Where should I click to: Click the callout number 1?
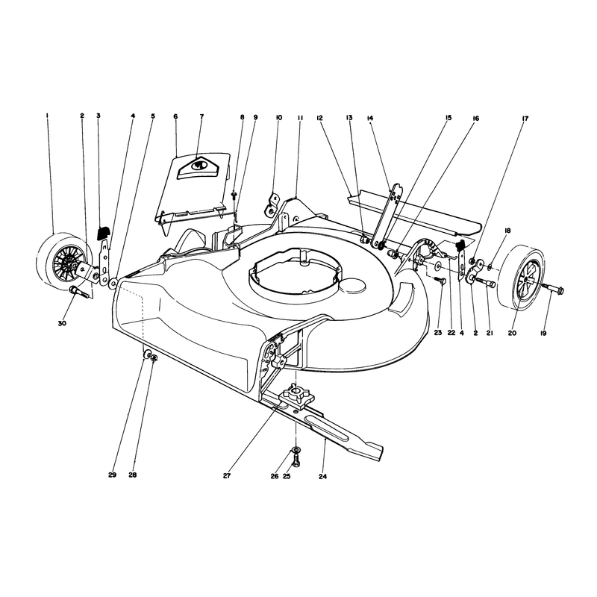[x=47, y=115]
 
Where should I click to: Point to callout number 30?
[x=62, y=323]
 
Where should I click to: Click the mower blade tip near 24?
[x=377, y=455]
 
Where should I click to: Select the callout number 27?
[x=227, y=475]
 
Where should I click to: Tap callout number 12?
[x=319, y=118]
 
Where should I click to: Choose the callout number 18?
[x=507, y=231]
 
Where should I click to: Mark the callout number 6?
[x=175, y=116]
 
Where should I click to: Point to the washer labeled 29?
[x=146, y=355]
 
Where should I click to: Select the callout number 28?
[x=133, y=475]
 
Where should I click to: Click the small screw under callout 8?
[x=234, y=195]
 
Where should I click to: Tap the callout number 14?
[x=369, y=118]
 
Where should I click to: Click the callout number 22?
[x=451, y=333]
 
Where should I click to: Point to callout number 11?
[x=300, y=118]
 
